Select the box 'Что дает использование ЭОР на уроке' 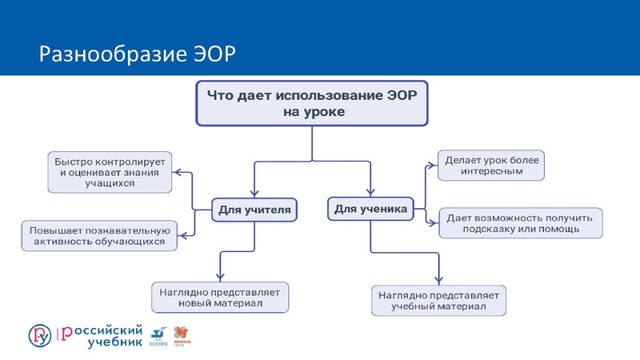(313, 102)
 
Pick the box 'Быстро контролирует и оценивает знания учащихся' (110, 171)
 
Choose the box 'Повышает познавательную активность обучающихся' (97, 235)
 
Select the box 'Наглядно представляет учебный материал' (439, 300)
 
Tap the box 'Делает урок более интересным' (492, 166)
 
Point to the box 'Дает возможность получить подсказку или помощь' (521, 223)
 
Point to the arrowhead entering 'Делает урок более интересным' (433, 166)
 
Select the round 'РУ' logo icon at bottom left (39, 334)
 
